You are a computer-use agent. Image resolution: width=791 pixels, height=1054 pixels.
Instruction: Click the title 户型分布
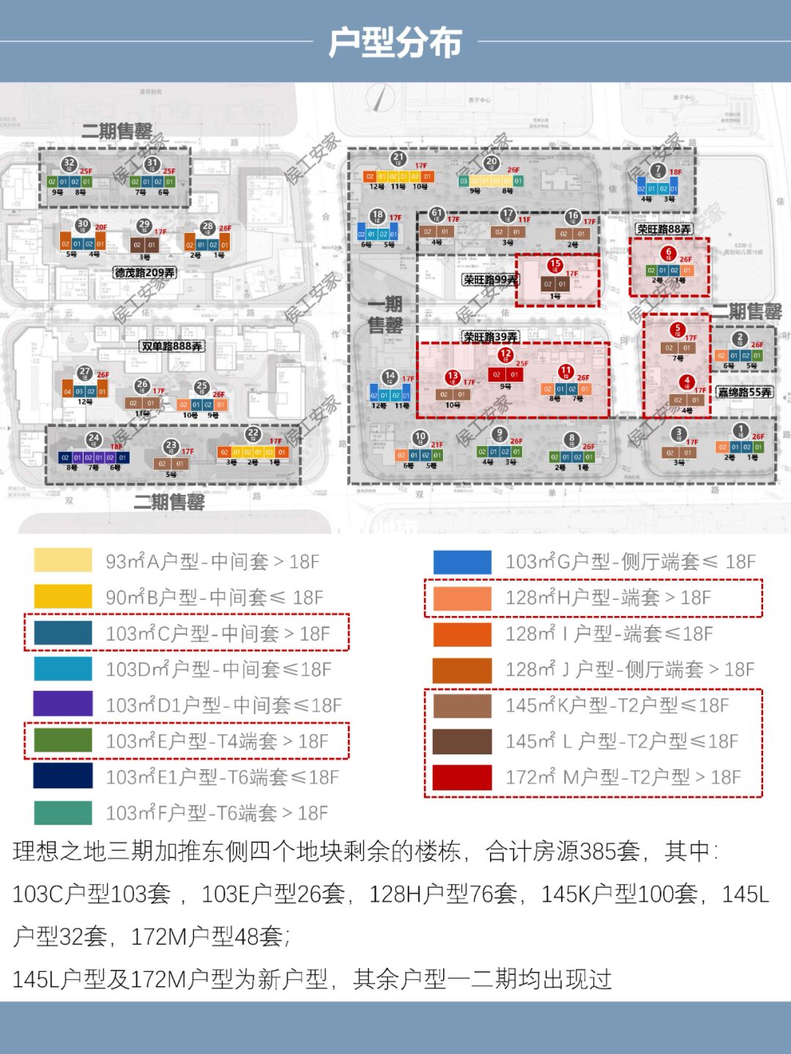395,42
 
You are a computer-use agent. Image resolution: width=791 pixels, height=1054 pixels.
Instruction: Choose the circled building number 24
93,439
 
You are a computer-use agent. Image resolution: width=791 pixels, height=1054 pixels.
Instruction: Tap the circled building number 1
741,431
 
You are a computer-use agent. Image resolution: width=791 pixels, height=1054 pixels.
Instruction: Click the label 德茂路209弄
144,272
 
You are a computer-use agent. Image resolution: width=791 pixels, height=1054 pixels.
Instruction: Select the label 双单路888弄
172,346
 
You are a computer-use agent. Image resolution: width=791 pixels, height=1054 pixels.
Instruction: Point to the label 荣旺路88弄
664,229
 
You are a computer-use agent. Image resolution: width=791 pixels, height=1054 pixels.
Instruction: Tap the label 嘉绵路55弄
745,393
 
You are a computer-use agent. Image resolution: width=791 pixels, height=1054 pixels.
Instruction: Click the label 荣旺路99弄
490,280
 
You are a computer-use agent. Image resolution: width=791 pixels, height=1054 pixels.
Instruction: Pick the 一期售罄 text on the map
385,315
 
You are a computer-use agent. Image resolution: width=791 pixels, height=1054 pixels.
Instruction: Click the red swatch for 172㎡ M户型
461,777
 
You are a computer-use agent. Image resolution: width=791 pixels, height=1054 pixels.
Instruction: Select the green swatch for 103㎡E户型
63,741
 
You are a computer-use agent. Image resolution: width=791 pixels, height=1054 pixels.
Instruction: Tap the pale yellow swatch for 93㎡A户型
63,561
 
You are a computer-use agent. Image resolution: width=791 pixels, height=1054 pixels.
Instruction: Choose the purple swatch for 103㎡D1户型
63,705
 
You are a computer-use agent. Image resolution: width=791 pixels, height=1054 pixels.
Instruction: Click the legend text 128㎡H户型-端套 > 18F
608,598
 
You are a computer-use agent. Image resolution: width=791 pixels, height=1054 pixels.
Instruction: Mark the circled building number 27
86,373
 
